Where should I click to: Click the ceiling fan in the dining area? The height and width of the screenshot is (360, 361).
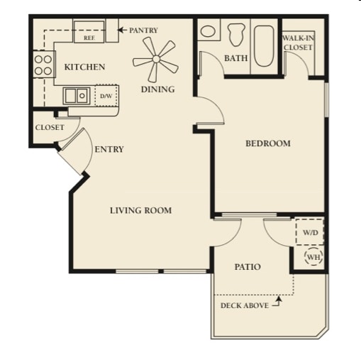(x=155, y=59)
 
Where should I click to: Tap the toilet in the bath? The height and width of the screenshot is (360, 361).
(x=235, y=34)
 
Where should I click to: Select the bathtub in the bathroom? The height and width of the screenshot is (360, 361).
(x=264, y=46)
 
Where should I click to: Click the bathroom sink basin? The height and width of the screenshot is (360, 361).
(x=208, y=31)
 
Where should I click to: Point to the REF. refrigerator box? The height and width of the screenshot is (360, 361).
(x=89, y=32)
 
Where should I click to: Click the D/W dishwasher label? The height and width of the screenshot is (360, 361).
(x=106, y=96)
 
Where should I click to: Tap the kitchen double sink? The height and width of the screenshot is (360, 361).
(x=77, y=96)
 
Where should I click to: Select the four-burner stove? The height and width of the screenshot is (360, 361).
(x=44, y=65)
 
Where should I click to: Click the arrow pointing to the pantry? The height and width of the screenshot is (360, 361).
(x=122, y=30)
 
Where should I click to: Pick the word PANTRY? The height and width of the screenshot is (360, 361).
(x=143, y=31)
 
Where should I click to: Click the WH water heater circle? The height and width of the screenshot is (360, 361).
(x=313, y=256)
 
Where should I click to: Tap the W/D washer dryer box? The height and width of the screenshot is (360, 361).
(x=309, y=232)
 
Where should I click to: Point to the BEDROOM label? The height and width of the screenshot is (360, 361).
(x=268, y=143)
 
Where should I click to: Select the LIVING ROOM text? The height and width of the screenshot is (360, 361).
(x=141, y=210)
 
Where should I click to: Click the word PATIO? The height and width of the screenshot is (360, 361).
(x=248, y=267)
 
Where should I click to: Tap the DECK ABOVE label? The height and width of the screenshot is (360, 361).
(x=245, y=305)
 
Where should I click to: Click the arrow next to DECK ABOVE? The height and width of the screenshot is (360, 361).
(x=277, y=302)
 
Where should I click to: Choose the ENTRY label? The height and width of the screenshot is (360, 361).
(x=109, y=149)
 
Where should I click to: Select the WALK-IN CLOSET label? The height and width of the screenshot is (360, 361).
(x=298, y=43)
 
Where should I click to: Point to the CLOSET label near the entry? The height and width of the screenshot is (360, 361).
(x=50, y=128)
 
